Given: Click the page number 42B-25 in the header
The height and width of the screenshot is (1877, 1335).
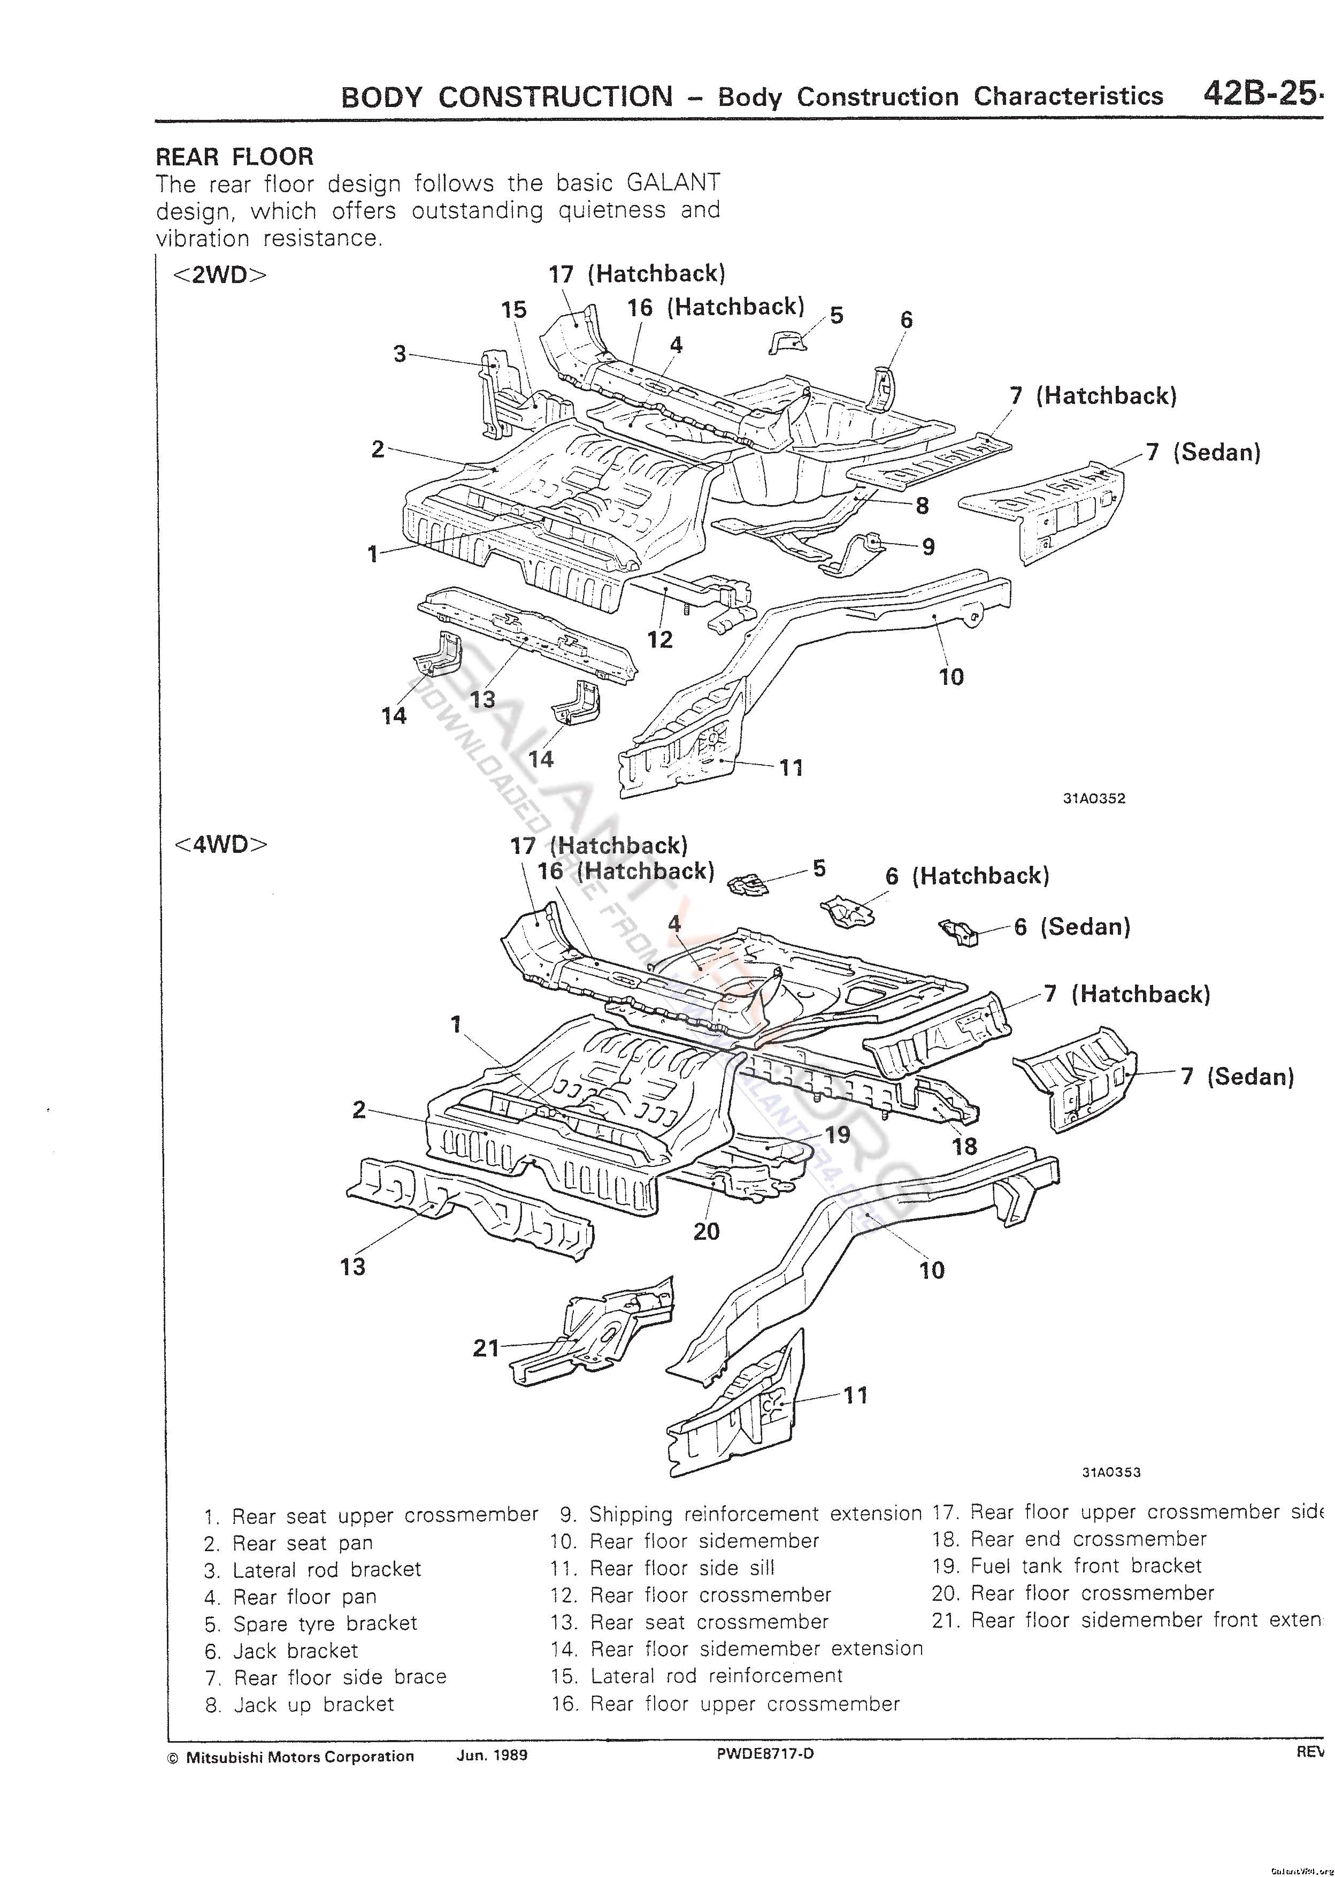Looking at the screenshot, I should coord(1262,95).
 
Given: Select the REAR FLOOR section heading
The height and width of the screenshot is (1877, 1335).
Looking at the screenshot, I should coord(235,156).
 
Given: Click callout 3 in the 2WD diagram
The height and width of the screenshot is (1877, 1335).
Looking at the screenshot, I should coord(400,354).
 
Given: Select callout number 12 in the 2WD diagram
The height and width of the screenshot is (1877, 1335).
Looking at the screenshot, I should coord(660,639).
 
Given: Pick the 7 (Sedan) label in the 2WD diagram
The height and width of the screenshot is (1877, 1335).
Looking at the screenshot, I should coord(1203,452).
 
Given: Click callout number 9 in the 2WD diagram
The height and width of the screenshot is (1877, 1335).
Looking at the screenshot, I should coord(928,547).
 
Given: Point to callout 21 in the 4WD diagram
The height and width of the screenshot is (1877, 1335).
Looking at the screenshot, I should coord(487,1348).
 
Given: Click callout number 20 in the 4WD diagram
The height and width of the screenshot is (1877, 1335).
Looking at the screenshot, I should coord(706,1232).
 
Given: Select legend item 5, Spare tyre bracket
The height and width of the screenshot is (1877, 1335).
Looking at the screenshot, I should coord(311,1624).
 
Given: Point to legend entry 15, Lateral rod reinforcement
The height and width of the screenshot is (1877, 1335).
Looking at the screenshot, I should coord(696,1676).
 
